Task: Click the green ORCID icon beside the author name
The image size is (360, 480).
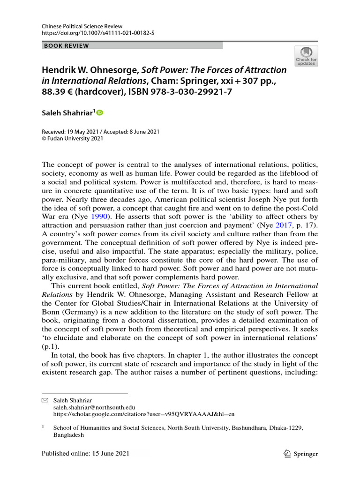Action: (x=99, y=113)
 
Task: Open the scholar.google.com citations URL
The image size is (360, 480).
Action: (x=144, y=414)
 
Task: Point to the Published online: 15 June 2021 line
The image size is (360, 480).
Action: (x=85, y=453)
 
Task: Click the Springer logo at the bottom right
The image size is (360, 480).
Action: (x=300, y=454)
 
